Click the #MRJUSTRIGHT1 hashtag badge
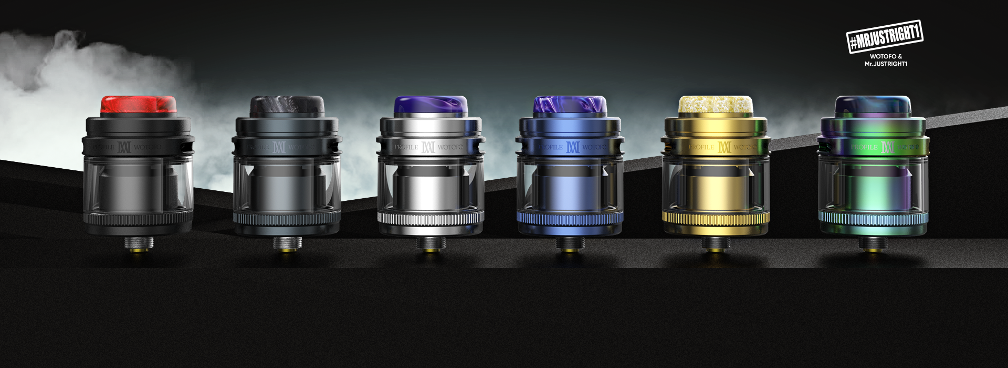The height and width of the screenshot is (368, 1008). click(885, 37)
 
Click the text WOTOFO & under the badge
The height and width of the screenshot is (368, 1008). click(886, 56)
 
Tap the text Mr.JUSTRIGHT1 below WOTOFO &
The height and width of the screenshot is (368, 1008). click(886, 64)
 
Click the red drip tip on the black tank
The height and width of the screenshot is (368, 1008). click(138, 105)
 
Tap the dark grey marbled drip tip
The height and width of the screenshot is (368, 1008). click(287, 105)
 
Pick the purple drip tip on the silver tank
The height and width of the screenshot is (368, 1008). click(430, 105)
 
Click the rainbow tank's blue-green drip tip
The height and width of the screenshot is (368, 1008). click(873, 105)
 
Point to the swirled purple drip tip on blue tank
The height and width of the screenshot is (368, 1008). click(570, 105)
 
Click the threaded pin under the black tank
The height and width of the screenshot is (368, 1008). click(138, 244)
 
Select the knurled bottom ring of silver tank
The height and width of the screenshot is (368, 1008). click(430, 219)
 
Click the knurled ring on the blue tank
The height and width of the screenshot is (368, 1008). click(570, 219)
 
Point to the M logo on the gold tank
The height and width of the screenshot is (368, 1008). click(724, 147)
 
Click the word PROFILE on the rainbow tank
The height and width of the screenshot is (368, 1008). click(864, 147)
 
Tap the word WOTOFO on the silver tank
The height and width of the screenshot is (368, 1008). click(450, 147)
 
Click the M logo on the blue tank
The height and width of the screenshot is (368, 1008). click(573, 147)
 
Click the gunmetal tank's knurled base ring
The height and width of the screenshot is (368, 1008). click(287, 219)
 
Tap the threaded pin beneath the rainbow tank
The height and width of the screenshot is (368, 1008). click(873, 244)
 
